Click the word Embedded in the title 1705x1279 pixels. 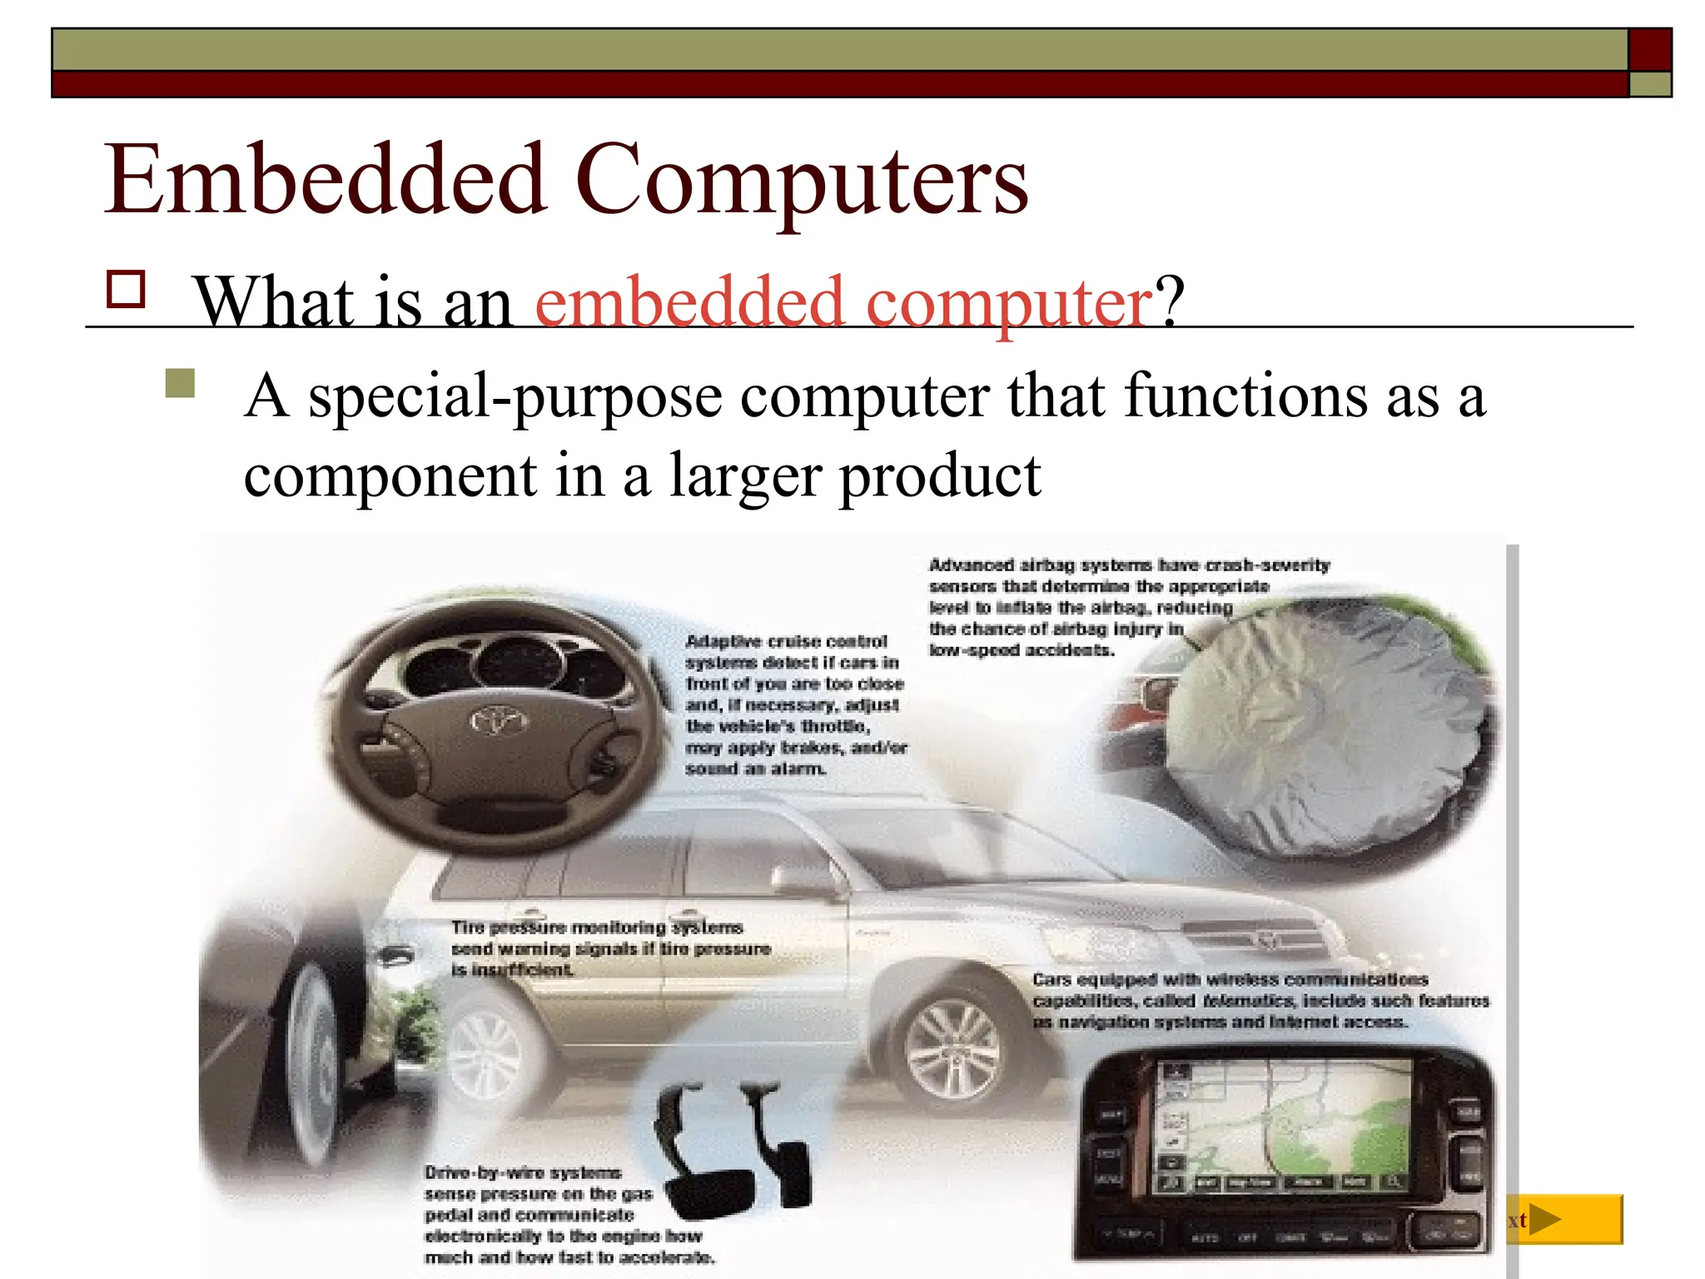324,180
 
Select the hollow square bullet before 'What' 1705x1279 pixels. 127,290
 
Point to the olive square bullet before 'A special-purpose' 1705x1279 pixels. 180,384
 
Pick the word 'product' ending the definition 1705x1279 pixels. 939,476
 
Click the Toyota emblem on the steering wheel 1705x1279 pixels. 499,719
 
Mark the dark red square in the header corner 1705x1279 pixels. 1649,50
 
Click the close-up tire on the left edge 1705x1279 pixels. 308,1058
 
